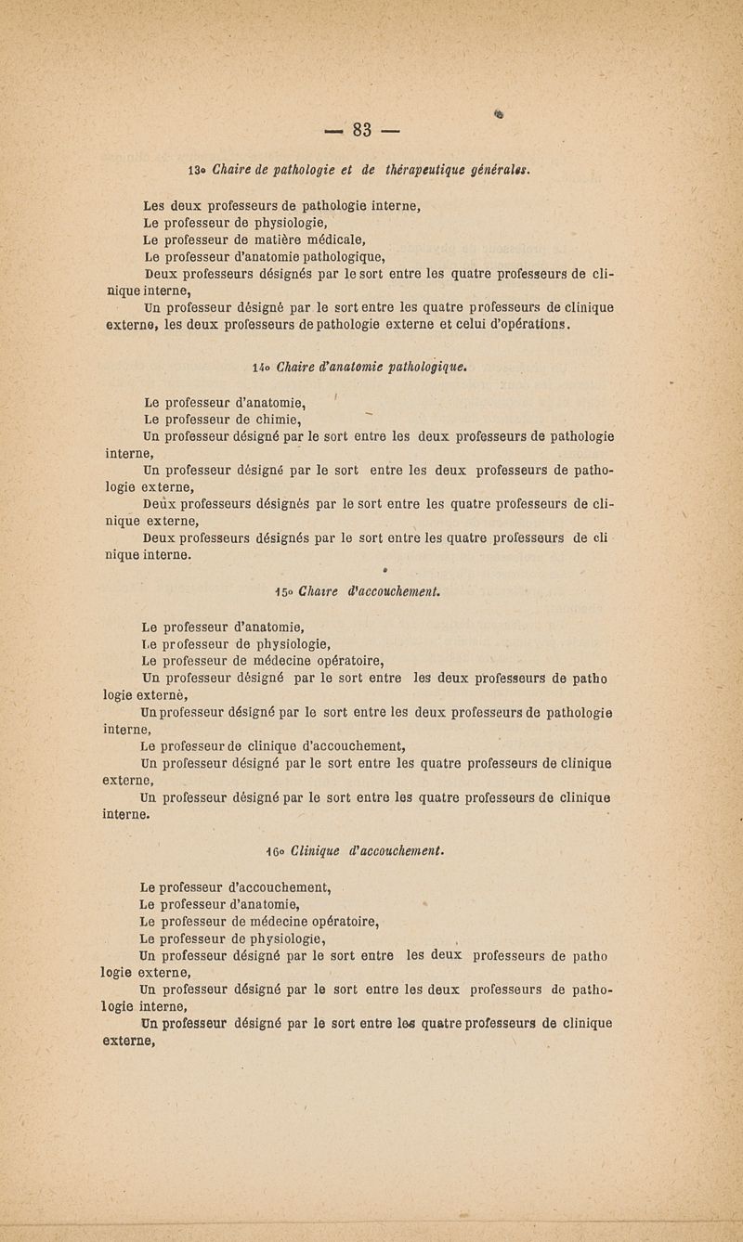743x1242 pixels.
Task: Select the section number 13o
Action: click(x=199, y=169)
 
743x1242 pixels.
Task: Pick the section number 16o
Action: click(x=274, y=847)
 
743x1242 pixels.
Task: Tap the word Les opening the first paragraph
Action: click(x=156, y=205)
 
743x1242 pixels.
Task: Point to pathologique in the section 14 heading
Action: click(x=424, y=367)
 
